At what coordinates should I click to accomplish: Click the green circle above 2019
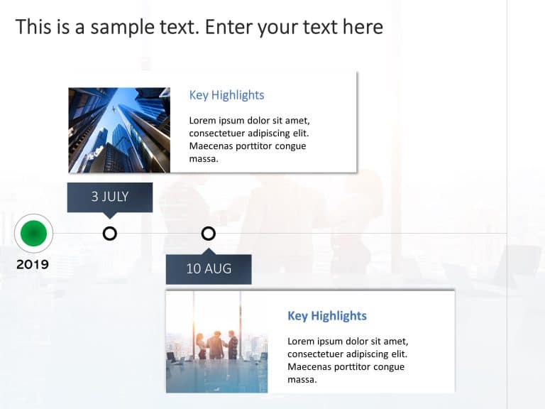(x=33, y=233)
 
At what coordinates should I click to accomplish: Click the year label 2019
(x=33, y=265)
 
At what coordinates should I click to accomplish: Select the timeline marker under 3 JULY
(x=109, y=233)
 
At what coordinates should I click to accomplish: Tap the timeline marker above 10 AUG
(x=208, y=233)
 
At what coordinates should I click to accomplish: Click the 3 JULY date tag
(x=109, y=197)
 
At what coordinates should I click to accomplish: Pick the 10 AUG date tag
(x=209, y=269)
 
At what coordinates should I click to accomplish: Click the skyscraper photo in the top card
(x=119, y=131)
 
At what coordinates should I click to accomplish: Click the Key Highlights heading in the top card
(x=226, y=95)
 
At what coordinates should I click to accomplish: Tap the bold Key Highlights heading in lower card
(x=326, y=316)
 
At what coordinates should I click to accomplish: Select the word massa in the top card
(x=203, y=159)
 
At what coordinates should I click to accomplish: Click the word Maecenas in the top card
(x=211, y=146)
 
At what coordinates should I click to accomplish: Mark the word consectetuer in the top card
(x=221, y=133)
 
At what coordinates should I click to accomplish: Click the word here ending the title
(x=363, y=27)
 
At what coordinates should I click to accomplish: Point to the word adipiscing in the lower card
(x=377, y=354)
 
